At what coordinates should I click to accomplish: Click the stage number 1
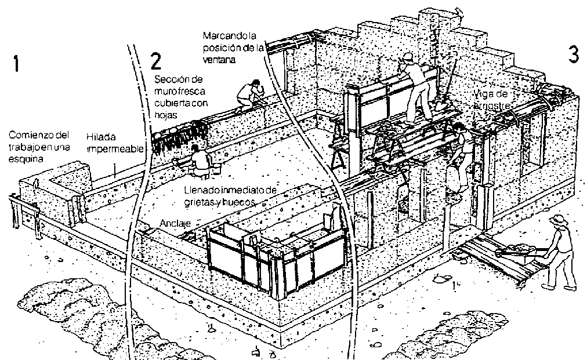point(18,64)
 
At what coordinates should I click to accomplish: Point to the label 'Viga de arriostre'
point(491,100)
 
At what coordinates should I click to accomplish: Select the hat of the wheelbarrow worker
point(558,219)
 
